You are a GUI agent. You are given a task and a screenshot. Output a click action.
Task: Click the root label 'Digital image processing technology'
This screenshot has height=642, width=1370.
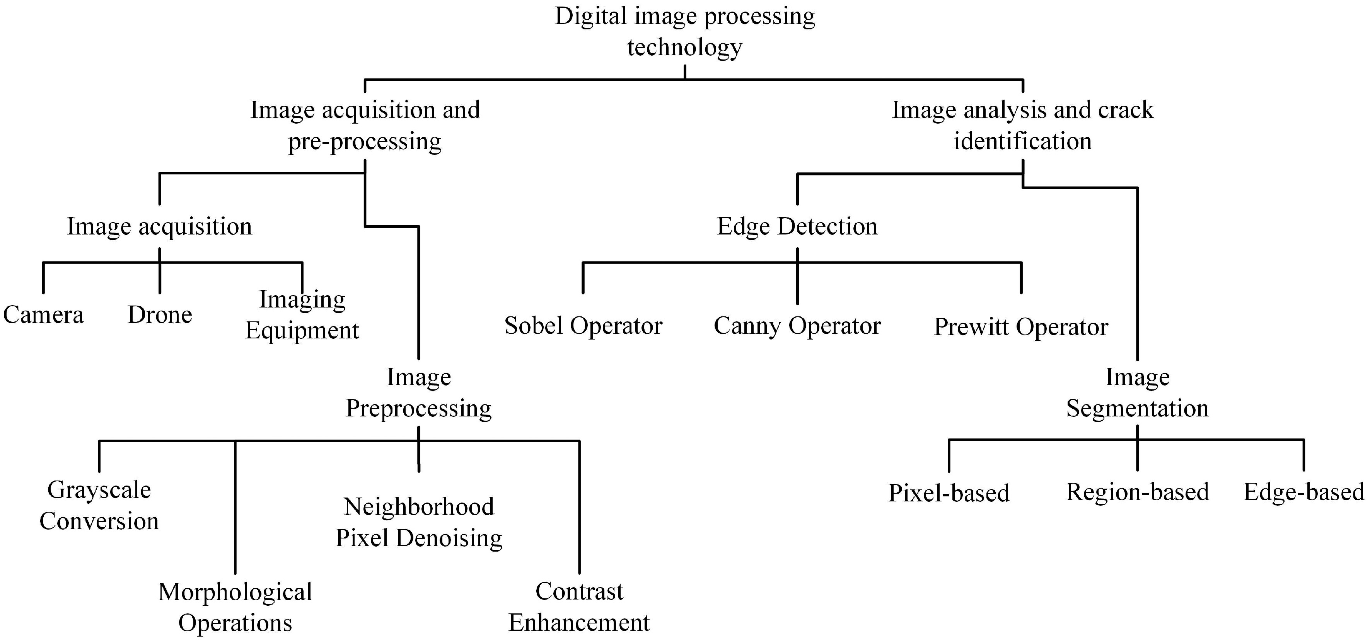[684, 31]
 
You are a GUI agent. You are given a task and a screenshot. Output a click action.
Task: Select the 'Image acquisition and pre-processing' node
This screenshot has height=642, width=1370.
[365, 126]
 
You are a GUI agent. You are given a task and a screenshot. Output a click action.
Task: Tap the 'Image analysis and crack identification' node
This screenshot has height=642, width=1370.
[1022, 126]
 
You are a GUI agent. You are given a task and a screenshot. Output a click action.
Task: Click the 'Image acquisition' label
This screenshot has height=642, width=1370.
[160, 226]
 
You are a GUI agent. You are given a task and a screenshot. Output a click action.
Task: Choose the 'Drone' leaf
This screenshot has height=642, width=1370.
[160, 314]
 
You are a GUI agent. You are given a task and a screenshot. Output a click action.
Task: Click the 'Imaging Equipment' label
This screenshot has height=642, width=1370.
[302, 314]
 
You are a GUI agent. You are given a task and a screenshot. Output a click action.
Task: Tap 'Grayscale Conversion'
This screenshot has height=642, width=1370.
[99, 505]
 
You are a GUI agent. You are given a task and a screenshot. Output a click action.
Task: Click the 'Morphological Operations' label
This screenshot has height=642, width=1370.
[235, 607]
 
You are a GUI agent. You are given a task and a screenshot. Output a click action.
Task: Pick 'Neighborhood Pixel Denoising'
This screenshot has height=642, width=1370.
[418, 522]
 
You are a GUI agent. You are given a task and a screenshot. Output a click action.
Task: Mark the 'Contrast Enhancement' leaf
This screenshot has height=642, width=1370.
[579, 606]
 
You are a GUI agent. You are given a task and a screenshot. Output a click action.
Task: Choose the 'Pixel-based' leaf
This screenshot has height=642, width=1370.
[949, 493]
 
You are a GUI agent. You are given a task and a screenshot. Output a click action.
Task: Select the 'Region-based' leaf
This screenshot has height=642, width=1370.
[1138, 492]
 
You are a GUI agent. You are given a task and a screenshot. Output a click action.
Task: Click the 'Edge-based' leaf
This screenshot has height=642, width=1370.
[1303, 492]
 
